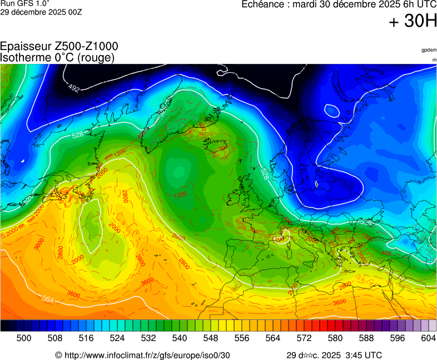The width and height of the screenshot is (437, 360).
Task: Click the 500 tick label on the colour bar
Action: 23,337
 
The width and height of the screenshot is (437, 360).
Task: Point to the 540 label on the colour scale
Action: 179,337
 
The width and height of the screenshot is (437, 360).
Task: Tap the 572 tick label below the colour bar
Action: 304,337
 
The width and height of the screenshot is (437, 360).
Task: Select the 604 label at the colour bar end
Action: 428,337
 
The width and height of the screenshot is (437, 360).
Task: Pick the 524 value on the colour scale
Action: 117,337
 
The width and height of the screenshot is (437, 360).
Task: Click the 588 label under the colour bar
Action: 366,337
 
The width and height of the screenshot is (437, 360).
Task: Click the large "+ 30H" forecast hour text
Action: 413,21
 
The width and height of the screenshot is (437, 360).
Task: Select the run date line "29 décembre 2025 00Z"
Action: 41,12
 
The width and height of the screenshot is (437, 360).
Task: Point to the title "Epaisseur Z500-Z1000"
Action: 59,47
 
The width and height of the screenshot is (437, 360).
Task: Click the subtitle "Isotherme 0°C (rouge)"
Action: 57,57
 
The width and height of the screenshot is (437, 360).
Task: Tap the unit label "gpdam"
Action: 429,50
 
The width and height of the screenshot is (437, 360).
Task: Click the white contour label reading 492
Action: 74,88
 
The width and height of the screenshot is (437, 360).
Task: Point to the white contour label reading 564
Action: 48,299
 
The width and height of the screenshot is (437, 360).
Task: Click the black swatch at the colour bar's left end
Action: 4,326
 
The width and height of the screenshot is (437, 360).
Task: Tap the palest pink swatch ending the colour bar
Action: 433,326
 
